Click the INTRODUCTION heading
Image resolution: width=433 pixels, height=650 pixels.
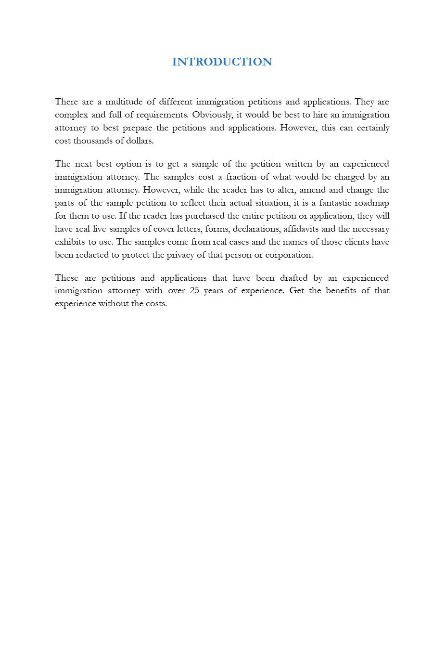pyautogui.click(x=222, y=62)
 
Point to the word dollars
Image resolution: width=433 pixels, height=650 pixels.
pyautogui.click(x=140, y=141)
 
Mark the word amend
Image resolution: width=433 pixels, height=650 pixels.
pyautogui.click(x=313, y=190)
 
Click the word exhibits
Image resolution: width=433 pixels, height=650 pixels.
pyautogui.click(x=70, y=242)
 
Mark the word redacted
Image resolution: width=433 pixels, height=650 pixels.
pyautogui.click(x=92, y=255)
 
